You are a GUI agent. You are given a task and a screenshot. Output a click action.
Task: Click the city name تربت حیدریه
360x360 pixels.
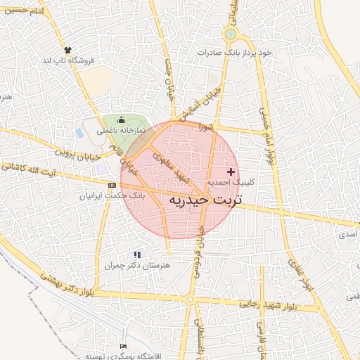click(205, 200)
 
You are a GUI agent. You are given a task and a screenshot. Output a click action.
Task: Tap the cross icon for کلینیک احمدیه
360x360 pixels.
click(231, 172)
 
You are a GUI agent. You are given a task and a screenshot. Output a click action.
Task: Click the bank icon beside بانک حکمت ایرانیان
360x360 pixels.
click(111, 184)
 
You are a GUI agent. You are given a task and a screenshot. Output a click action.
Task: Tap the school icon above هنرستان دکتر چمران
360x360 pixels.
click(137, 254)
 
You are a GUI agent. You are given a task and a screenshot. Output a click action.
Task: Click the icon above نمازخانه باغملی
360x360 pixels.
click(121, 120)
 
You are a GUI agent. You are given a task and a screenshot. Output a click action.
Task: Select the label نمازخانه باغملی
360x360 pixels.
click(122, 131)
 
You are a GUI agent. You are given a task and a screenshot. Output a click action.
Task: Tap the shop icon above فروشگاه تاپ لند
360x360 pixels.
click(68, 50)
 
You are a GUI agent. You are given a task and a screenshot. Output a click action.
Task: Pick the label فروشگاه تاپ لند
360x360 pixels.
click(68, 61)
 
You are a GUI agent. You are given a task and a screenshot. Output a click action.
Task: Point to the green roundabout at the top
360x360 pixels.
click(230, 34)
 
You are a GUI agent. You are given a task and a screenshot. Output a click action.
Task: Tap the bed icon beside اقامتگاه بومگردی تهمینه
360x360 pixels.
click(124, 347)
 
